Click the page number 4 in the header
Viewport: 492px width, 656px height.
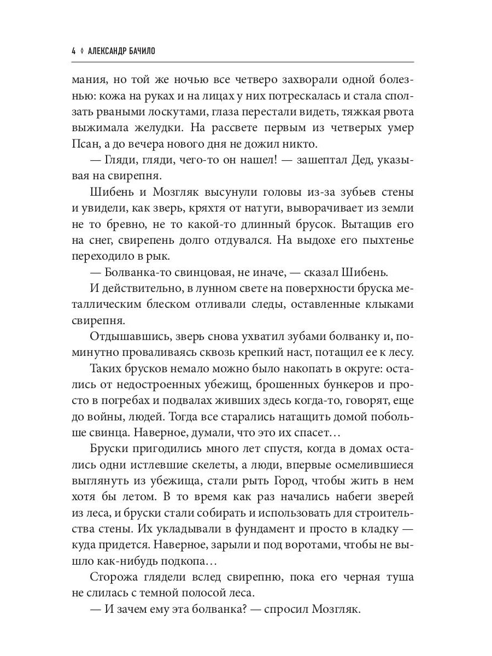point(73,51)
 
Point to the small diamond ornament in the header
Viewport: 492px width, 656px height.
point(81,51)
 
